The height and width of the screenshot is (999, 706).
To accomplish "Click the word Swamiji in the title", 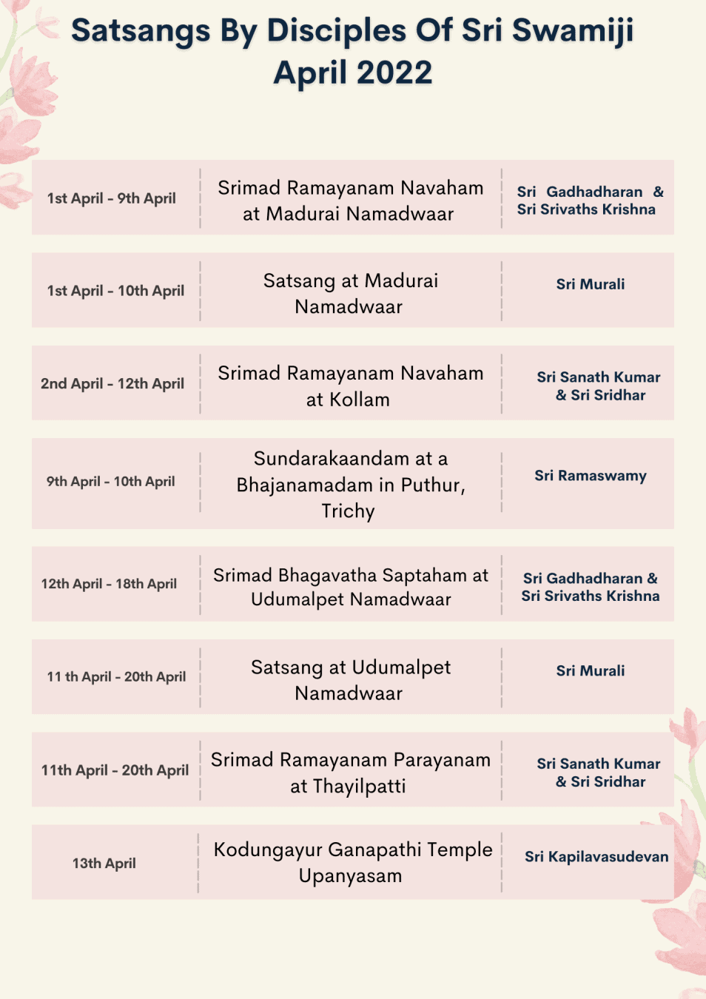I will click(572, 31).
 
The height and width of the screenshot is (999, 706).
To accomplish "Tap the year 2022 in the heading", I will click(394, 73).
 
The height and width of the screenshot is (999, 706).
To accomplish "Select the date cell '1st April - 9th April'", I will click(112, 198).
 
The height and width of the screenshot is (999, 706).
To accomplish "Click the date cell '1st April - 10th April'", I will click(115, 291).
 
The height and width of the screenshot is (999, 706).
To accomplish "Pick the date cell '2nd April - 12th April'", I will click(112, 383).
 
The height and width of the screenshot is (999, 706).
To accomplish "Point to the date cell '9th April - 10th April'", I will click(111, 482).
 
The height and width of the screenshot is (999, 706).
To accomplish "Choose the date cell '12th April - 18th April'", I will click(109, 584).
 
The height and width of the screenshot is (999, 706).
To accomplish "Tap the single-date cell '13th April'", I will click(104, 863).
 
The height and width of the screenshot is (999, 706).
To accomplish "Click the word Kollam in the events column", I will click(359, 400).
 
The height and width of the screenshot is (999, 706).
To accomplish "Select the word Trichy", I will click(348, 511).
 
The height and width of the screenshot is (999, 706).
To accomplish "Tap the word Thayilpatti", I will click(359, 786).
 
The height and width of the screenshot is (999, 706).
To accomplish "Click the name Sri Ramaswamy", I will click(591, 476).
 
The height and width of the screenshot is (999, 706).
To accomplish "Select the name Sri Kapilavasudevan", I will click(596, 857).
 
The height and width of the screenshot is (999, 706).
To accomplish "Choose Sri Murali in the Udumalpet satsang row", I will click(591, 671).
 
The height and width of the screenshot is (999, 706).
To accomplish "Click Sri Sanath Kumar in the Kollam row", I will click(599, 377).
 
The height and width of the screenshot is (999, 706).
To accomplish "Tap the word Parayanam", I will click(442, 760).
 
